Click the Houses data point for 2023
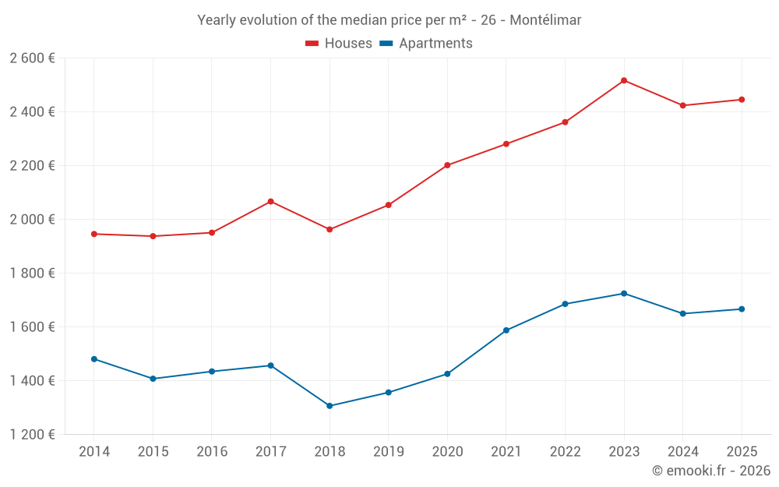624,80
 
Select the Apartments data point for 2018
330,406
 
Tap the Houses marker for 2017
270,202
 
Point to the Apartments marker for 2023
624,294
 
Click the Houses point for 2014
94,234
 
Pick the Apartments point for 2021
506,330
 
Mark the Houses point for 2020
447,165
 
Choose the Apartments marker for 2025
742,309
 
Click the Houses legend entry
339,44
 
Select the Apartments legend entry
426,44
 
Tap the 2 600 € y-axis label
32,58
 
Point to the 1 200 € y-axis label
32,435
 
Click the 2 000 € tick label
32,220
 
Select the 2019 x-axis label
388,452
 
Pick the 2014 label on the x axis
94,452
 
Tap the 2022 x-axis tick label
565,452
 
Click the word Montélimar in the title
545,19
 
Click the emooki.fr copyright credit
710,471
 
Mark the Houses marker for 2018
330,229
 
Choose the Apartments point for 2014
94,359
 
